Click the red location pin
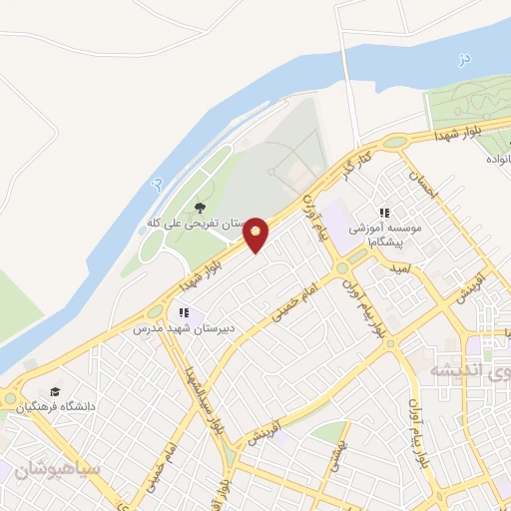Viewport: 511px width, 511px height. coord(256,234)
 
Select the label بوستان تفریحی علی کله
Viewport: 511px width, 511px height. coord(196,223)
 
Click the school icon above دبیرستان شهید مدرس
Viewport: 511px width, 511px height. coord(183,313)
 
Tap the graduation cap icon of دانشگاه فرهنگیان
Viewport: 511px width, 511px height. coord(54,392)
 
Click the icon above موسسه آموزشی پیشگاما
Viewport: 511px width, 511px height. coord(384,213)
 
